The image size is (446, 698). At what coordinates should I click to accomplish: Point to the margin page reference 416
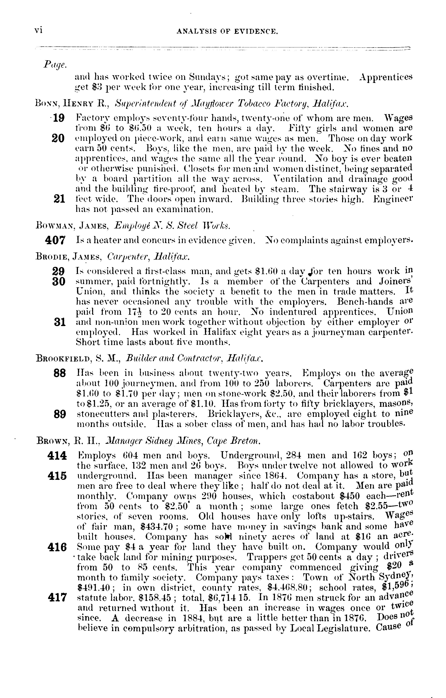click(57, 547)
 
